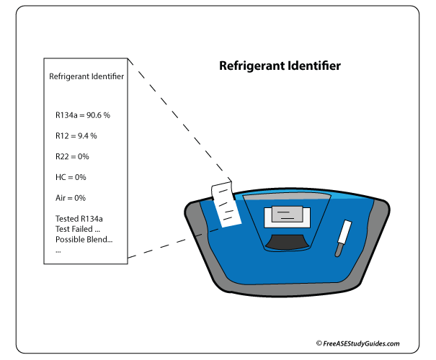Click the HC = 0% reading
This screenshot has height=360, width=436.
pos(71,177)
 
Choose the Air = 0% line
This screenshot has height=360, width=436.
pos(71,197)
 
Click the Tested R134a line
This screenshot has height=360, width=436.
pos(79,218)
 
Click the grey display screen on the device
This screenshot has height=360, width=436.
pos(287,216)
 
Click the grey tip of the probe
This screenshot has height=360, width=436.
pos(337,251)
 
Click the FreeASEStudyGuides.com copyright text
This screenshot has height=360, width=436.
pos(357,344)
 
